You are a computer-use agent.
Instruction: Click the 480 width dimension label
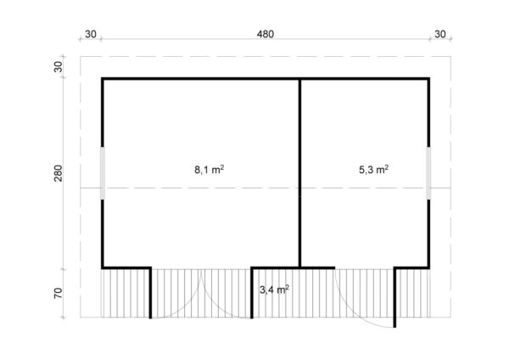(x=266, y=34)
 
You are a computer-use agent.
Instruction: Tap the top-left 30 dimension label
(x=91, y=34)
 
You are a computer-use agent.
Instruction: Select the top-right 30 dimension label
(x=439, y=34)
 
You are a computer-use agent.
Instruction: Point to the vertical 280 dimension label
(x=58, y=173)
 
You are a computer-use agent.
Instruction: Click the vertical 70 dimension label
(x=58, y=293)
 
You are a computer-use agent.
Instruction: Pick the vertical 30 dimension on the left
(x=58, y=67)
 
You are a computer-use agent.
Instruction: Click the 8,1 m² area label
(x=209, y=169)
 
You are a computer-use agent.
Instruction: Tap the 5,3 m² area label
(x=373, y=169)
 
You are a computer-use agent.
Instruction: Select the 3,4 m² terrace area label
(x=274, y=290)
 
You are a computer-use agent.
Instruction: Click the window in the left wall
(x=103, y=173)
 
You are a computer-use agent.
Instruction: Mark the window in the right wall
(x=428, y=173)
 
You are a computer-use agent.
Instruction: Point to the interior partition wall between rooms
(x=300, y=173)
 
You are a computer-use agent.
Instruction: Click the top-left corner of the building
(x=102, y=77)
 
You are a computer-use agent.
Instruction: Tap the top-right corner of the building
(x=430, y=77)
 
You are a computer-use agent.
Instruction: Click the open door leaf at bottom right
(x=394, y=297)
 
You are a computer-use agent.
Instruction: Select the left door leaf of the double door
(x=150, y=293)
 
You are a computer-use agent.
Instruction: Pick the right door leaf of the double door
(x=252, y=293)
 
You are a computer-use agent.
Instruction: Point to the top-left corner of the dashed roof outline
(x=81, y=57)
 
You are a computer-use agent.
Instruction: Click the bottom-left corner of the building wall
(x=102, y=268)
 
